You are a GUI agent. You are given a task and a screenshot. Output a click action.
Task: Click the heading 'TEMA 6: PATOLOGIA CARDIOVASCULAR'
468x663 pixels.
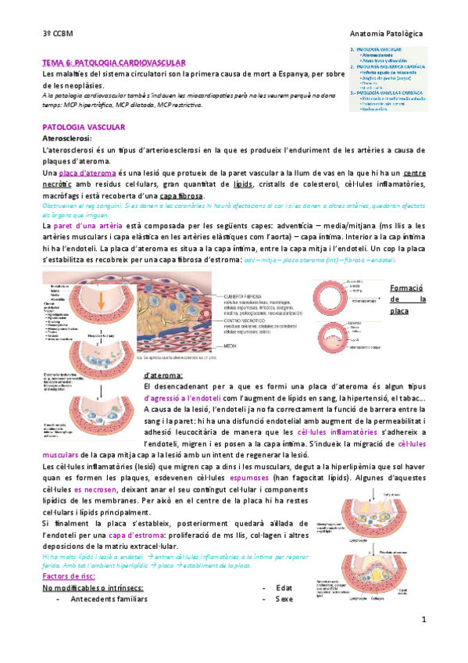pyautogui.click(x=113, y=61)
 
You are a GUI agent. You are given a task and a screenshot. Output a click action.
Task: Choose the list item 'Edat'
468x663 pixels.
pyautogui.click(x=284, y=587)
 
